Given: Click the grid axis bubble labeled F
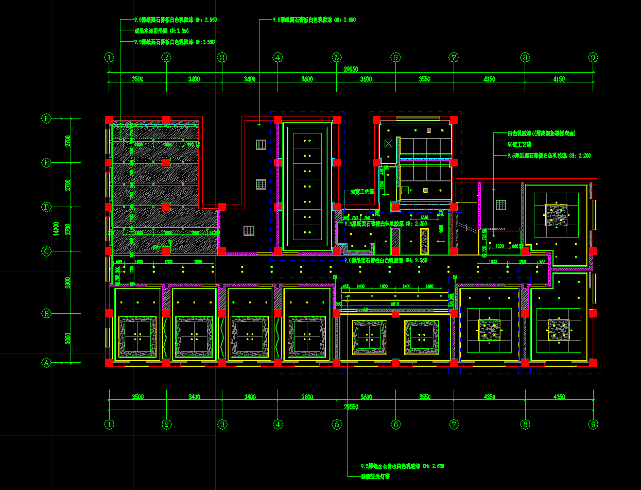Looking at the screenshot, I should click(x=46, y=119).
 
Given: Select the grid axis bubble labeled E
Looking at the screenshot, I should click(x=46, y=163).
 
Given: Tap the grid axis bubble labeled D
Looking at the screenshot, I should click(x=46, y=207).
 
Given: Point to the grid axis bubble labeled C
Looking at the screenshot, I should click(x=46, y=251).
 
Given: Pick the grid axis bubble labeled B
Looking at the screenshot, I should click(x=46, y=313).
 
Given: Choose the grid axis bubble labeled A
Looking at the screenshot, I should click(x=46, y=363).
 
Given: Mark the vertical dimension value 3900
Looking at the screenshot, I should click(x=67, y=282).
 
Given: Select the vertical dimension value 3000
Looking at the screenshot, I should click(x=67, y=338).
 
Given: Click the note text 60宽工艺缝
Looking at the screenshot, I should click(x=519, y=144).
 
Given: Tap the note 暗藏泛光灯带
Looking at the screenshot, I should click(x=375, y=477).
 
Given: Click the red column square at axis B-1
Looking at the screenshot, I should click(x=109, y=313).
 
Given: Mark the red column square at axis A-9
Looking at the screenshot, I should click(x=593, y=363).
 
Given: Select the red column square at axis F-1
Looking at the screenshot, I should click(x=109, y=120).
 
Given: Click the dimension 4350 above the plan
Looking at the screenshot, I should click(x=489, y=79).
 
